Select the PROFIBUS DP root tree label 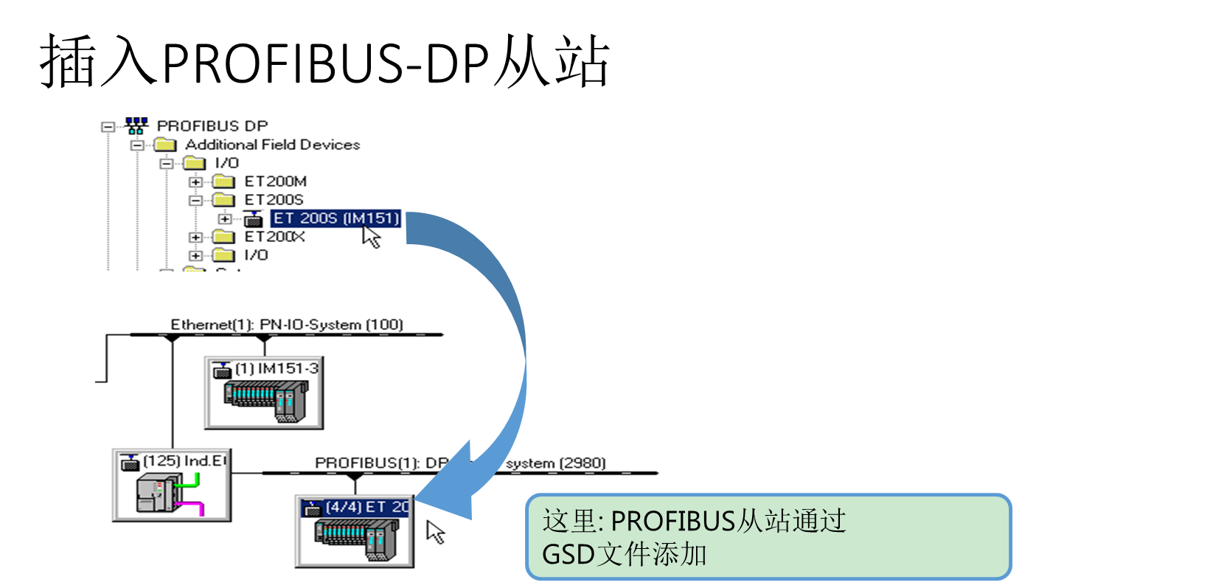click(212, 126)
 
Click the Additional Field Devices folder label click(272, 145)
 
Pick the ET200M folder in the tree click(275, 181)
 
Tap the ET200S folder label click(274, 200)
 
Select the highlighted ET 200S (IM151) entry click(336, 218)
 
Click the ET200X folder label click(274, 237)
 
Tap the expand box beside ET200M click(195, 181)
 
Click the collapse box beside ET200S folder click(195, 200)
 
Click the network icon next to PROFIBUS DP click(136, 125)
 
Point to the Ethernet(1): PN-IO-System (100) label click(287, 325)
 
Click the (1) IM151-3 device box click(264, 392)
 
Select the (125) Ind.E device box click(172, 485)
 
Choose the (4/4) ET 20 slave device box click(355, 531)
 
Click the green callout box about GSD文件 click(768, 537)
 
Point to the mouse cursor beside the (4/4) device click(435, 531)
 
